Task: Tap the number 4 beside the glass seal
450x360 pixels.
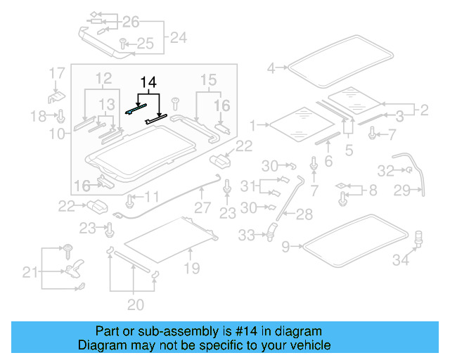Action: [x=271, y=68]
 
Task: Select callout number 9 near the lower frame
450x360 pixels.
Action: [x=285, y=246]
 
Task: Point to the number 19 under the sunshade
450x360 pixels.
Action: [x=191, y=268]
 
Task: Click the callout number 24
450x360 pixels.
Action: [x=179, y=37]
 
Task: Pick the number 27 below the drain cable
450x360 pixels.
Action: [x=202, y=208]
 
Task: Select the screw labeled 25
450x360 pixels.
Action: [x=122, y=43]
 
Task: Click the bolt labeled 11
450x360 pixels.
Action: [x=130, y=200]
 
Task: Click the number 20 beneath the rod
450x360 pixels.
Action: [x=135, y=304]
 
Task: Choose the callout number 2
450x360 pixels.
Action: [x=423, y=109]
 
